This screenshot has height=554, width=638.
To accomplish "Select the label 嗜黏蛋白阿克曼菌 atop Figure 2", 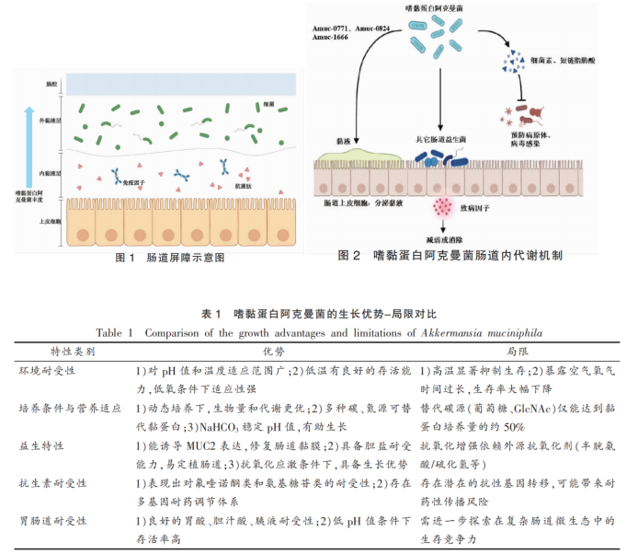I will (x=439, y=8).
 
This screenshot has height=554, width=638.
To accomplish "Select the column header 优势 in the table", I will (x=274, y=351).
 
